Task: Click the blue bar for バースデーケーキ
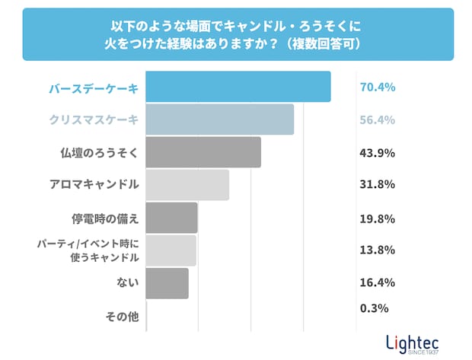pyautogui.click(x=238, y=87)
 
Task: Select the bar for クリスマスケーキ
pyautogui.click(x=219, y=119)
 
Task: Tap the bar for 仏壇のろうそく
pyautogui.click(x=203, y=152)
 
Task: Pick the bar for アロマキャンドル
pyautogui.click(x=187, y=185)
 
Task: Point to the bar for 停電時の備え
pyautogui.click(x=171, y=218)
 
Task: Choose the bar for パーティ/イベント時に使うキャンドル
pyautogui.click(x=171, y=250)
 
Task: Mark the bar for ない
pyautogui.click(x=167, y=283)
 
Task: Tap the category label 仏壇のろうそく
pyautogui.click(x=99, y=153)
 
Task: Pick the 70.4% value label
pyautogui.click(x=377, y=88)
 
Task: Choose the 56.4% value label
pyautogui.click(x=377, y=120)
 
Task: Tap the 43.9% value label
pyautogui.click(x=377, y=153)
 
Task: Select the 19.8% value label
pyautogui.click(x=377, y=219)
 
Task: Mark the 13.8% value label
pyautogui.click(x=377, y=250)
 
